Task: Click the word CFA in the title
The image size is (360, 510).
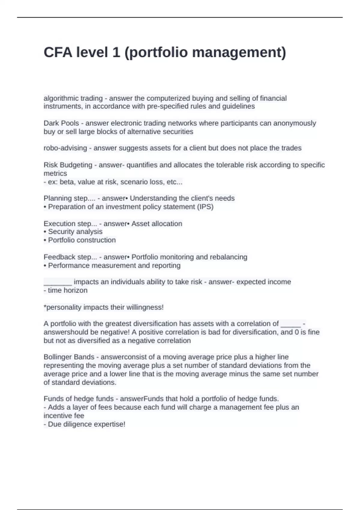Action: click(58, 52)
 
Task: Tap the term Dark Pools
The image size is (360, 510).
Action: click(61, 123)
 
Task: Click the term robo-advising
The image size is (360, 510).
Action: click(65, 148)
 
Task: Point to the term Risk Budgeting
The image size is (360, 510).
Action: click(68, 165)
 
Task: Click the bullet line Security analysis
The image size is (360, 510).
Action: click(75, 232)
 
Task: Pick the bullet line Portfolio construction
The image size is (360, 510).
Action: click(82, 240)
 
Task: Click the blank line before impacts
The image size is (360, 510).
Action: click(58, 283)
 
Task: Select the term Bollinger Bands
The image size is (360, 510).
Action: click(69, 357)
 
